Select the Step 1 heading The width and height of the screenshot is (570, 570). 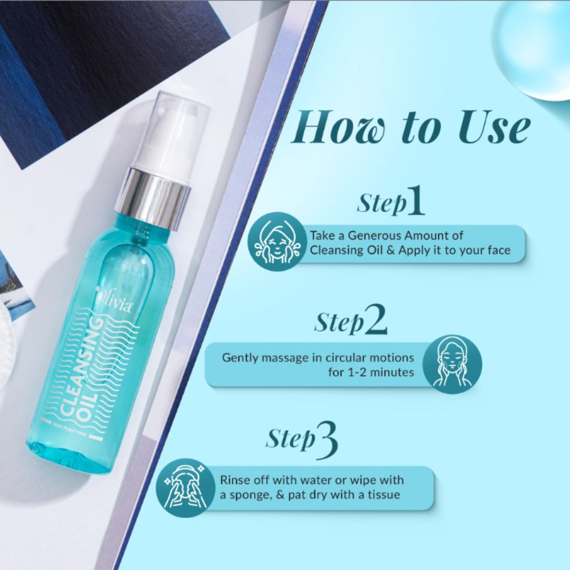(x=390, y=203)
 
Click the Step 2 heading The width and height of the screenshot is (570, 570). (x=351, y=322)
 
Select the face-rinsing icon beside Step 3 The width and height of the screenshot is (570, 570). (x=183, y=486)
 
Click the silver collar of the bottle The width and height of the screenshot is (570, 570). (x=153, y=194)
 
